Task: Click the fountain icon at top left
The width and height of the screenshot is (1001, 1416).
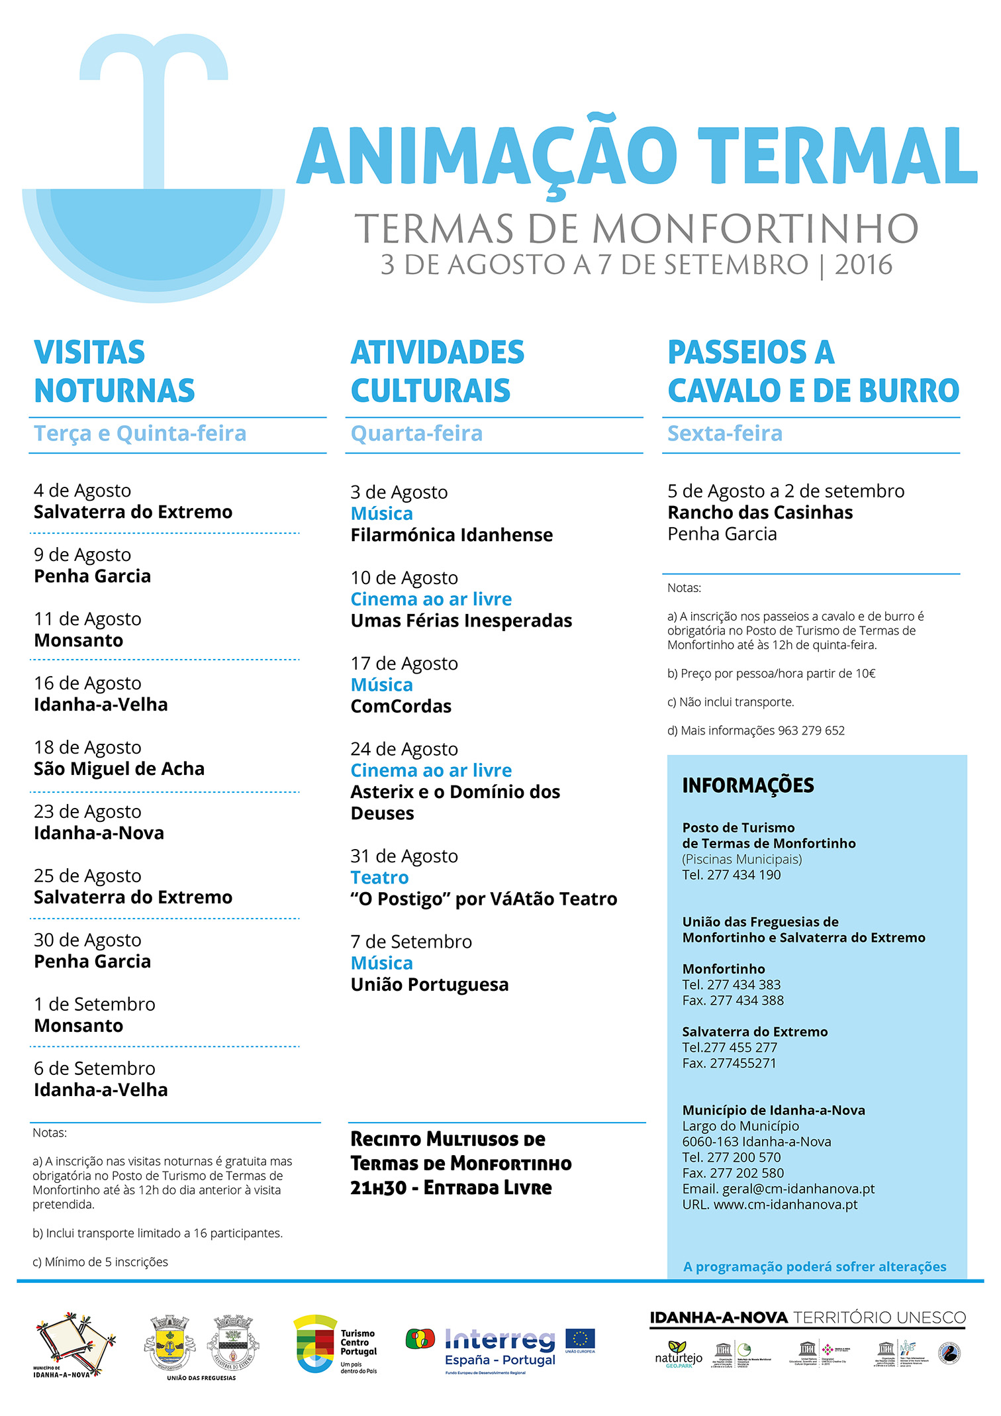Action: pyautogui.click(x=154, y=172)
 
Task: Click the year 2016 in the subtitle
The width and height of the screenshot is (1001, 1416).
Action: pyautogui.click(x=863, y=265)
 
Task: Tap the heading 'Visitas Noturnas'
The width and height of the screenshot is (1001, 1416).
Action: pyautogui.click(x=114, y=371)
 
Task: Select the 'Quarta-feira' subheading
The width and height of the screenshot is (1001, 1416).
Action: pyautogui.click(x=416, y=434)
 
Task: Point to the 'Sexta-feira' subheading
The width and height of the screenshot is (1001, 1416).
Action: pyautogui.click(x=725, y=434)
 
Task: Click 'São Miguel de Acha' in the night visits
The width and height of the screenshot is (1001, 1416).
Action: pyautogui.click(x=119, y=769)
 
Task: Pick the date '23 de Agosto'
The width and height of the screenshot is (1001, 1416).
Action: pyautogui.click(x=87, y=812)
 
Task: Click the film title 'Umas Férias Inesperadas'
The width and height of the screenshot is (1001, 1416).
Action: pyautogui.click(x=461, y=621)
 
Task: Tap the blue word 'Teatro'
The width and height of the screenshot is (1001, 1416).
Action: pyautogui.click(x=379, y=878)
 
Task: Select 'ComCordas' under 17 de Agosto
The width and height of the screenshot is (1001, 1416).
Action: pyautogui.click(x=401, y=707)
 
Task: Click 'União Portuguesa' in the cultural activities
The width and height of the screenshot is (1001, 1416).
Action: pyautogui.click(x=430, y=985)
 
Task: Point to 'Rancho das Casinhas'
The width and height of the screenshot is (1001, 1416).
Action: pyautogui.click(x=760, y=513)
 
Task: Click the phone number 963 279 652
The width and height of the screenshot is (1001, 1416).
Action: pyautogui.click(x=811, y=731)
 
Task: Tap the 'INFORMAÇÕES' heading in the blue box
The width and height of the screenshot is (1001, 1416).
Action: pyautogui.click(x=748, y=785)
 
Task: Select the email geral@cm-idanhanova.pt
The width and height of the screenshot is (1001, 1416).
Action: pyautogui.click(x=798, y=1189)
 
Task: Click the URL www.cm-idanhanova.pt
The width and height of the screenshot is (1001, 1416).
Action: pyautogui.click(x=785, y=1205)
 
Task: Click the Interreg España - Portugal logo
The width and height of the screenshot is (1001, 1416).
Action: pyautogui.click(x=500, y=1348)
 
